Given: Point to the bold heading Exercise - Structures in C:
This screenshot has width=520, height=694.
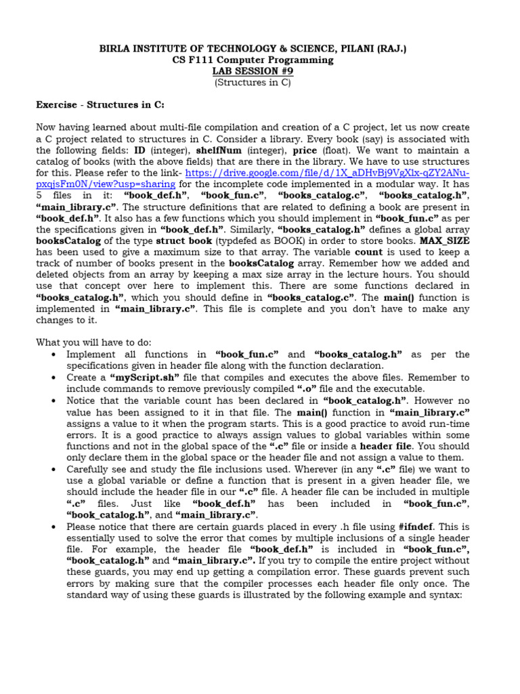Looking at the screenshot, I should tap(100, 105).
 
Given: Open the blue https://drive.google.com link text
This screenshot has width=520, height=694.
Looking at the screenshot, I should tap(318, 173).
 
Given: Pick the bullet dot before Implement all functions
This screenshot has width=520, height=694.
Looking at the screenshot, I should tap(53, 354).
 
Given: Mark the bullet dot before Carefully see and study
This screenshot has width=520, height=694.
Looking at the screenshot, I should tap(53, 469).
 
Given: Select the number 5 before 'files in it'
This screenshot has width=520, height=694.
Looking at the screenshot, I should tap(39, 196).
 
